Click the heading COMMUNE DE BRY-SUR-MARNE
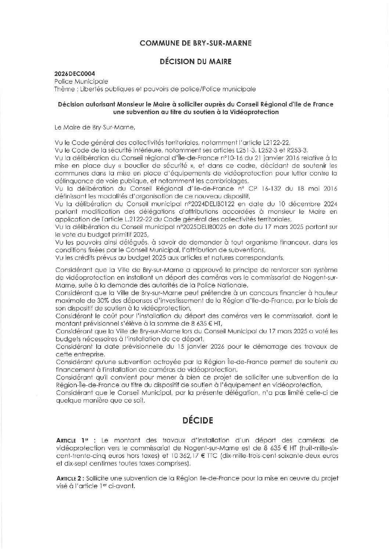(x=195, y=43)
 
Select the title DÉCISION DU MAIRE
(x=195, y=61)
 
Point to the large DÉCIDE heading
(x=198, y=420)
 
